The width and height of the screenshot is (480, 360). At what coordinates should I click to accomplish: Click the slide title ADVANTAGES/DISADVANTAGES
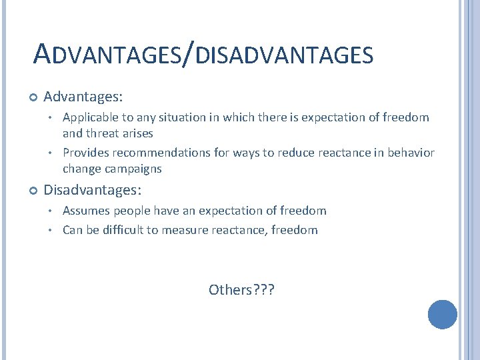(203, 54)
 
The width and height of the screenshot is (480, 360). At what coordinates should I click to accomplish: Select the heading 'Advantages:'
(83, 97)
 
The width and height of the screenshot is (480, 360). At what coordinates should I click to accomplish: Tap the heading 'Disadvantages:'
(92, 190)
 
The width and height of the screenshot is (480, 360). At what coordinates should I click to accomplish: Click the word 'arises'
(137, 133)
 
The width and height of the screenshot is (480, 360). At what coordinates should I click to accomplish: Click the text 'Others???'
(241, 289)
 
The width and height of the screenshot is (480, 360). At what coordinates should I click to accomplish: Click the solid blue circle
(442, 315)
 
